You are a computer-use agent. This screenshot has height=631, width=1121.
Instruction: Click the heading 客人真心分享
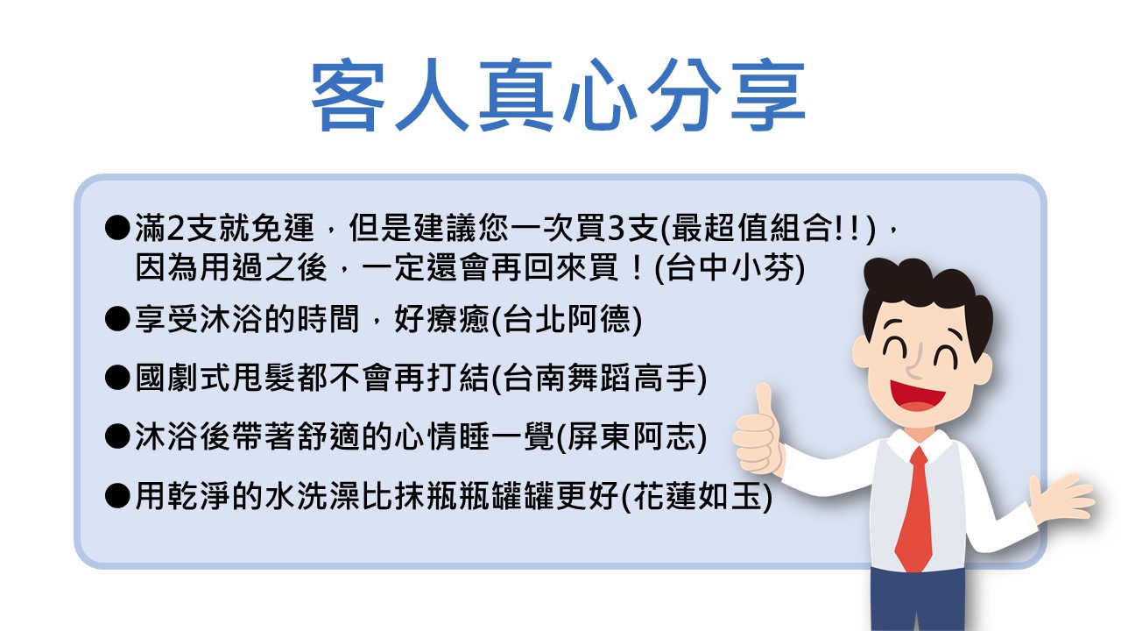[558, 96]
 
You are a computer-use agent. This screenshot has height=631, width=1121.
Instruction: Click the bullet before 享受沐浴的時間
[117, 319]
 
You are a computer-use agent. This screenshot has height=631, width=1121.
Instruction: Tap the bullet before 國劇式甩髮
[117, 378]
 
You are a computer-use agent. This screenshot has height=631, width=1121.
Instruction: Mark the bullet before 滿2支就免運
[117, 228]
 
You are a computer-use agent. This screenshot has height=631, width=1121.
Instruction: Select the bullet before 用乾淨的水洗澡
[117, 496]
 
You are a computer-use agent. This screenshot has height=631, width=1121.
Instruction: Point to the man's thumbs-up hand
[758, 430]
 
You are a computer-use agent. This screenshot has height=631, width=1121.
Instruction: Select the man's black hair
[926, 295]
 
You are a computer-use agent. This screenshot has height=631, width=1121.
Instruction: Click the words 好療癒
[441, 320]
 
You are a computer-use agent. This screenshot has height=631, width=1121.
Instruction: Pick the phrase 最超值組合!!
[766, 229]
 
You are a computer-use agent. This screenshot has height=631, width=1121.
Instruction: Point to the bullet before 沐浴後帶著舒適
[117, 436]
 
